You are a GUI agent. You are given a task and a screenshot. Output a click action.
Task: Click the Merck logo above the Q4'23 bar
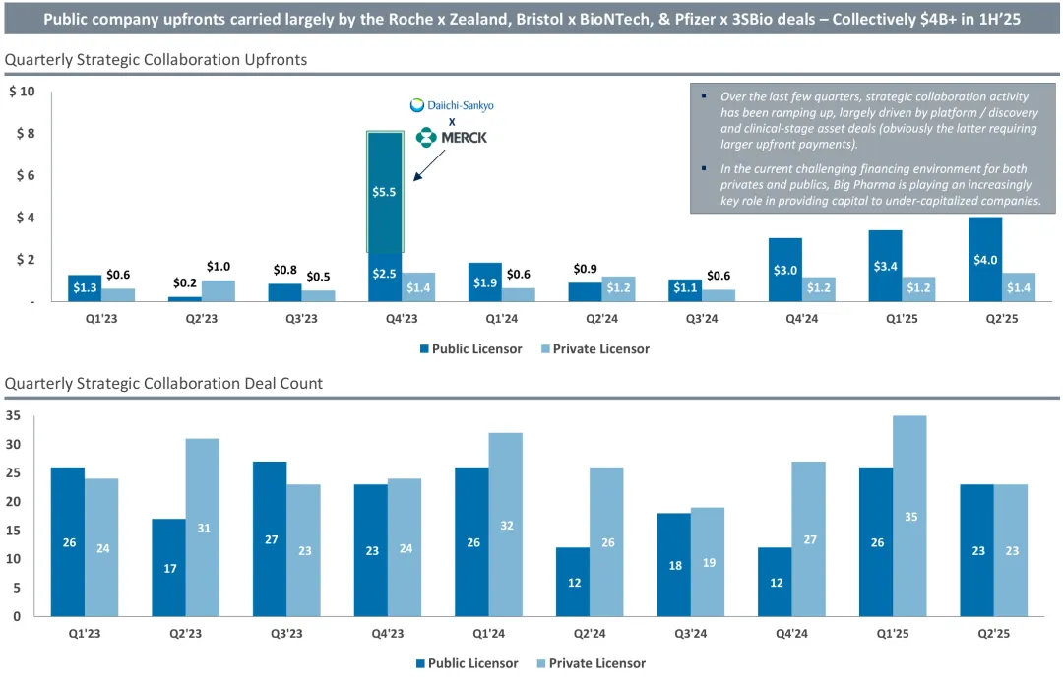point(452,138)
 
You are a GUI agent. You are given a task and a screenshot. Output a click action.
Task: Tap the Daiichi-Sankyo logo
point(453,105)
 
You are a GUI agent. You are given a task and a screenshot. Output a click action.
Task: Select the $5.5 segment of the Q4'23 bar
point(385,192)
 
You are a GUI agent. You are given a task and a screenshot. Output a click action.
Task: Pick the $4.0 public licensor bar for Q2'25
point(985,260)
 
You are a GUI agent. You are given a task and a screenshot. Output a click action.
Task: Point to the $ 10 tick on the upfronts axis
point(22,93)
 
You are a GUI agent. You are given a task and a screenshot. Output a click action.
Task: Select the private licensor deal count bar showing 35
point(909,516)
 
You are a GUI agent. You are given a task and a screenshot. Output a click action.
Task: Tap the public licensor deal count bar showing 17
point(169,567)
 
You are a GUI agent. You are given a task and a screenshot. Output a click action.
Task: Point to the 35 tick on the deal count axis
point(13,415)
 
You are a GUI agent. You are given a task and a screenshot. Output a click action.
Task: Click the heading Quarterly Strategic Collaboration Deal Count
point(163,383)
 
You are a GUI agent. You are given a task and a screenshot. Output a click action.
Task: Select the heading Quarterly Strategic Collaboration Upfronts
point(156,60)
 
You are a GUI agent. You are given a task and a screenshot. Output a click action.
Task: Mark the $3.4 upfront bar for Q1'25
point(886,266)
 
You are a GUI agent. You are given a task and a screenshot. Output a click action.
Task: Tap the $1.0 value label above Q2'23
point(219,267)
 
